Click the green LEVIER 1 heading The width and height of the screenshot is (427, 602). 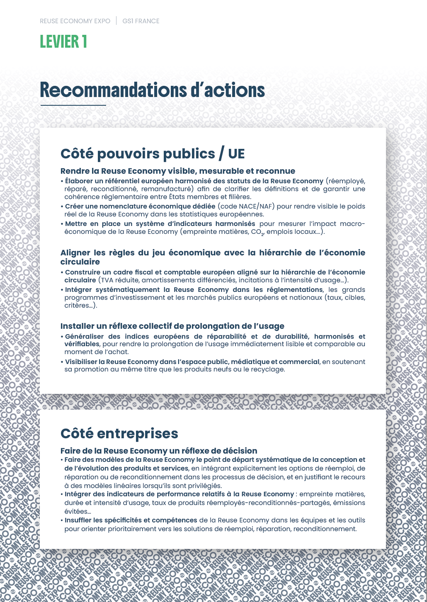point(63,42)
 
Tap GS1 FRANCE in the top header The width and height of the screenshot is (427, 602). point(141,21)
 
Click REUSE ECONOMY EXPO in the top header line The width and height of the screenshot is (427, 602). point(75,21)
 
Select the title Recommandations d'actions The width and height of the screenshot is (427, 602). point(152,90)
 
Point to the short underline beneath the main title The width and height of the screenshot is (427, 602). point(73,105)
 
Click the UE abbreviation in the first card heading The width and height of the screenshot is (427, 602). point(236,154)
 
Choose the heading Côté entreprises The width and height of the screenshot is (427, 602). point(119,434)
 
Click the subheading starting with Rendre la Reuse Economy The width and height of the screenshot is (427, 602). point(178,171)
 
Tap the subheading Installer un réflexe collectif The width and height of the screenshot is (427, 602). point(172,326)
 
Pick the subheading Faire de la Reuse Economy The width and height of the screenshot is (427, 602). point(159,451)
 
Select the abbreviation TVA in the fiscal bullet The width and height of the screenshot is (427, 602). point(109,280)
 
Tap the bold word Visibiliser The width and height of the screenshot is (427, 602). point(84,362)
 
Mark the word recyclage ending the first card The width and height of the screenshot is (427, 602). point(269,369)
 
